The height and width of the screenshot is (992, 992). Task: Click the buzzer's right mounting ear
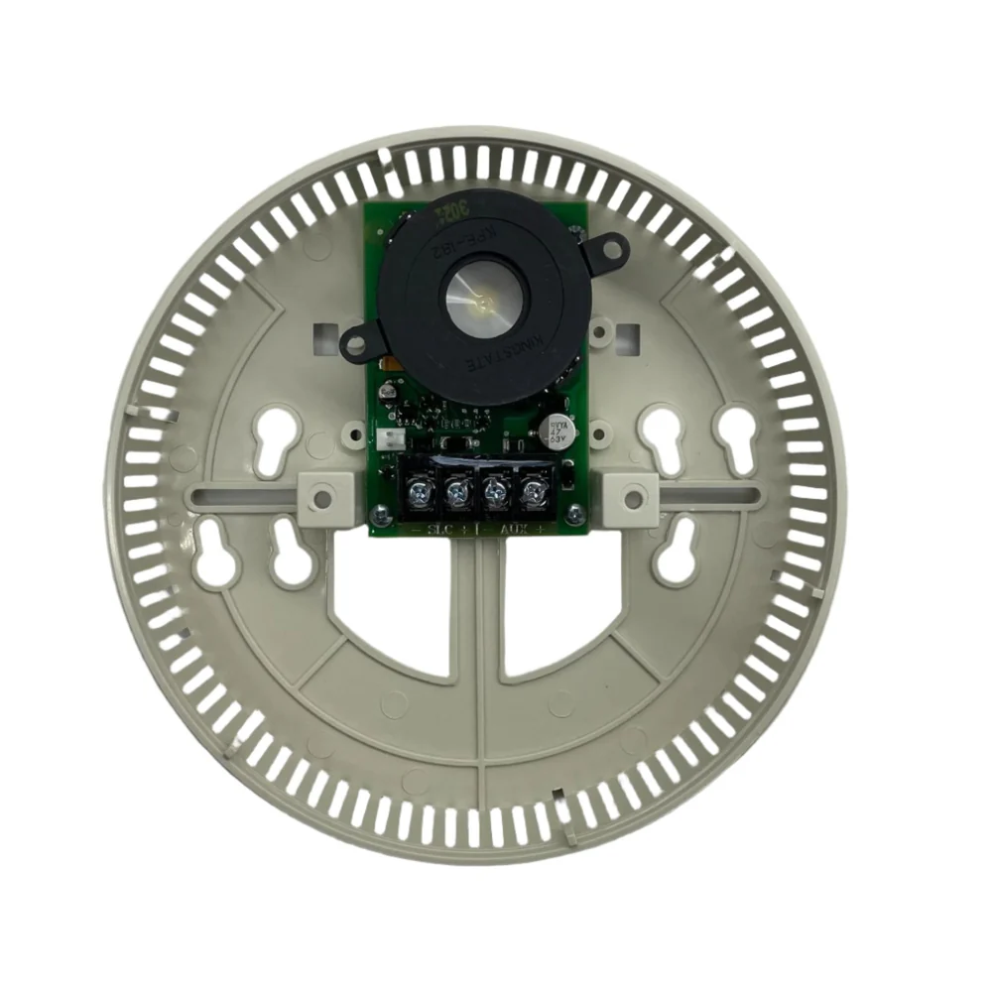click(x=605, y=247)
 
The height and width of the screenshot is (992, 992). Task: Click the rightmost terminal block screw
click(x=535, y=489)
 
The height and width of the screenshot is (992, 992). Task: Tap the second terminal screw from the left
click(x=456, y=489)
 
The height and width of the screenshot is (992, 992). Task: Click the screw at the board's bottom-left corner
click(x=379, y=513)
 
